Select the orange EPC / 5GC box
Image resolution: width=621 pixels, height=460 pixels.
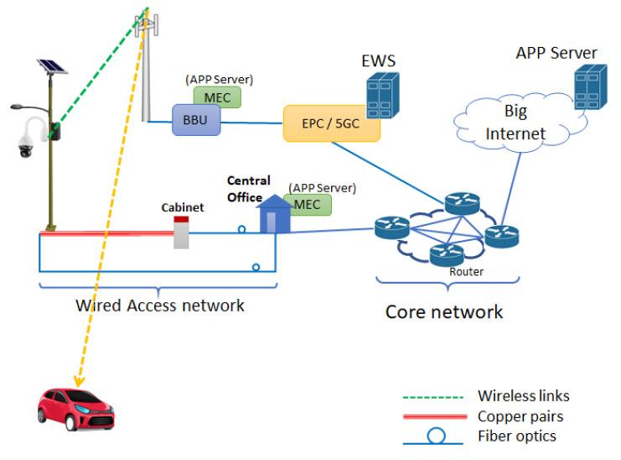pos(332,123)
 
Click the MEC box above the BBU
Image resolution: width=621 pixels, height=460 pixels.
pos(223,97)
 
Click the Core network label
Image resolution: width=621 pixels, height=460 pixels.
pos(444,312)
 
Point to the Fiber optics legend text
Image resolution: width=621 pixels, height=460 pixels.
pos(516,436)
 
